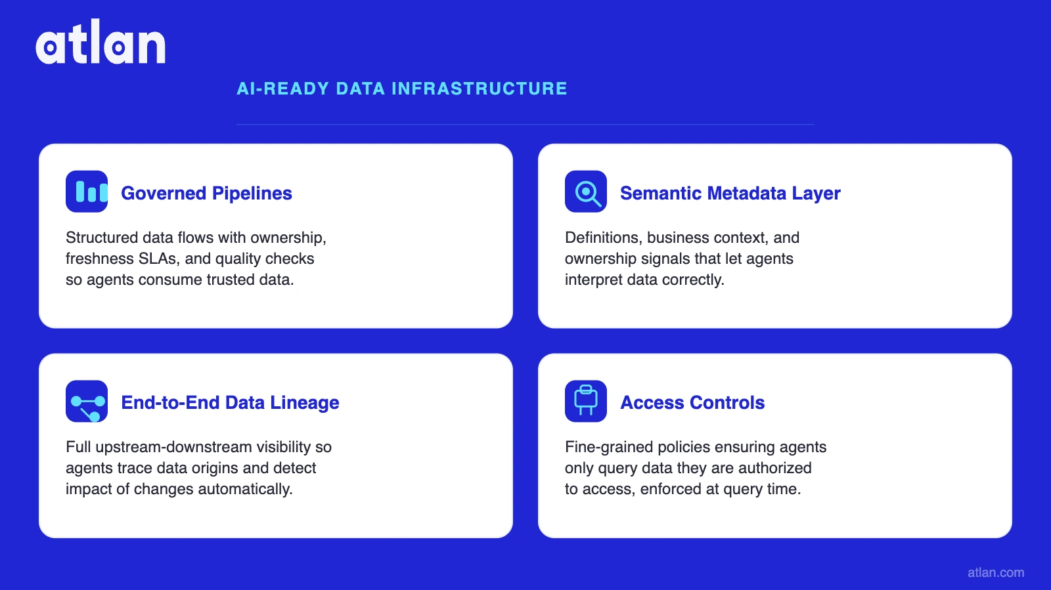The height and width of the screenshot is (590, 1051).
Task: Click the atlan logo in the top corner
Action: pos(100,43)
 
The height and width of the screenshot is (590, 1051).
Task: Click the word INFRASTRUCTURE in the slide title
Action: pos(480,89)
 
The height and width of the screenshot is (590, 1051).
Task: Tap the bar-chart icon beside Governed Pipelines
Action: pos(87,192)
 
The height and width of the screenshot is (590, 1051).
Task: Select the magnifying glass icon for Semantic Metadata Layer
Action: pos(586,192)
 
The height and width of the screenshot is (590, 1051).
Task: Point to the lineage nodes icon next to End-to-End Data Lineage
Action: pos(87,401)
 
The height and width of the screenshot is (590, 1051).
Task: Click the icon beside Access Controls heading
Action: pos(586,401)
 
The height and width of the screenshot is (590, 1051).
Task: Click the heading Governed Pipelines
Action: pos(206,193)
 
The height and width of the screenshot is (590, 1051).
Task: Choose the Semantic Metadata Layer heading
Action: pos(730,193)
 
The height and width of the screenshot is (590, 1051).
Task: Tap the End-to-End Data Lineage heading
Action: pos(230,402)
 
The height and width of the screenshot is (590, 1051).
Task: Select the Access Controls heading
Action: pos(692,402)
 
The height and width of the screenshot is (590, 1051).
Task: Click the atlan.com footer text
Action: pos(995,572)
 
